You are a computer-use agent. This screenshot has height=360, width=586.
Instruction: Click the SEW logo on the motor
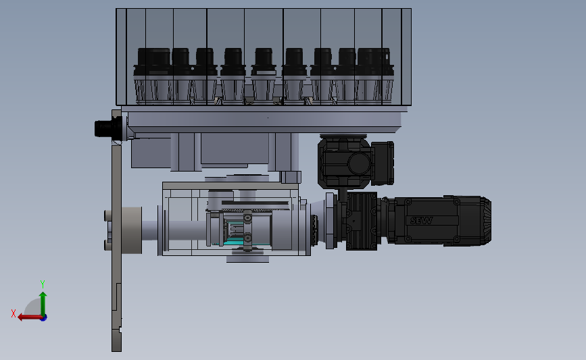tap(421, 221)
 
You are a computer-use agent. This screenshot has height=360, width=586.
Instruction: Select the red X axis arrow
tap(29, 317)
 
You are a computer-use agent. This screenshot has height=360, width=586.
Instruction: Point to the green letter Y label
tap(42, 284)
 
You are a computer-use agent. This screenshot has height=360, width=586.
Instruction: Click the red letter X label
tap(14, 313)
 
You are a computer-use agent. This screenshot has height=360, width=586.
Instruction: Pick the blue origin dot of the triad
tap(43, 317)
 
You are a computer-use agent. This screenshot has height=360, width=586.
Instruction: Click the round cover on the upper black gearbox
tap(359, 163)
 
